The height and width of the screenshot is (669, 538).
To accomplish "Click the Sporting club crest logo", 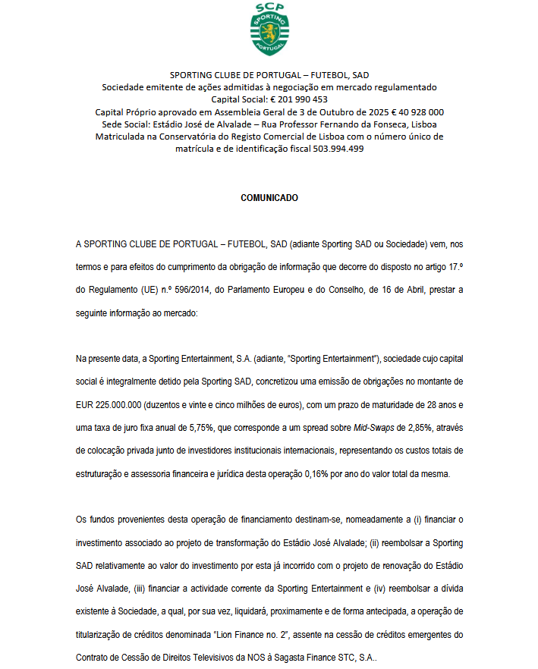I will (x=269, y=30).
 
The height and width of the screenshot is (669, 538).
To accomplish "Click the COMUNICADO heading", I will (x=269, y=198).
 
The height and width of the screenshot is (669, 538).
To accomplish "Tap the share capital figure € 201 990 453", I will (x=299, y=99).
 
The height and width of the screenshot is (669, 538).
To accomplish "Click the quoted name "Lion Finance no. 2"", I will (x=247, y=633).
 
